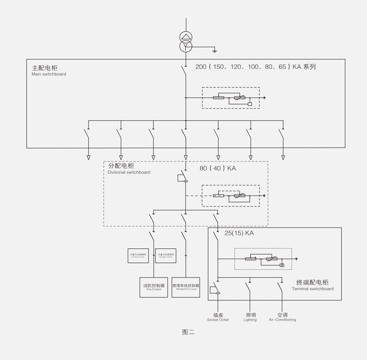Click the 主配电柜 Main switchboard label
coord(49,70)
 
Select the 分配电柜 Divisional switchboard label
coord(129,168)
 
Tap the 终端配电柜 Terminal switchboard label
coord(312,285)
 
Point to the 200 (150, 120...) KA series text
coord(255,66)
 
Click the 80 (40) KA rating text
coord(218,168)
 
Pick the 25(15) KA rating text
coord(239,233)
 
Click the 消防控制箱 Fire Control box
coord(153,287)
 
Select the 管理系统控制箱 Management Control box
coord(186,287)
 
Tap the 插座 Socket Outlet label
coord(218,317)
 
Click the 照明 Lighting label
coord(250,317)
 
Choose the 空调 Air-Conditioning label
coord(282,317)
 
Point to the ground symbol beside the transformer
coord(214,50)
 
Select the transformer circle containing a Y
coord(186,47)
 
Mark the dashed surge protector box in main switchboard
coord(231,98)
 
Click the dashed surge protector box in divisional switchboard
coord(231,196)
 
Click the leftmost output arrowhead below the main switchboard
coord(88,157)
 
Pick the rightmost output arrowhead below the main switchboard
coord(283,157)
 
